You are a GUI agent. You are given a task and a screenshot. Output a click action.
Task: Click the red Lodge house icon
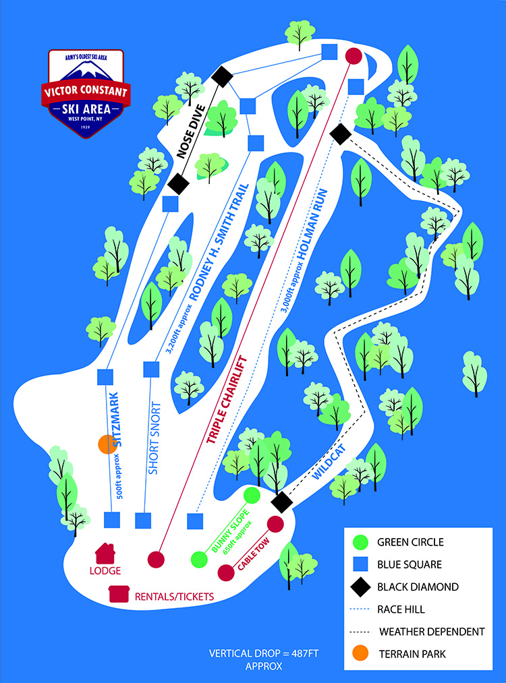click(x=105, y=553)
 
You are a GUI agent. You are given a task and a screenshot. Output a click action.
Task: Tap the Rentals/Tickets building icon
click(x=119, y=594)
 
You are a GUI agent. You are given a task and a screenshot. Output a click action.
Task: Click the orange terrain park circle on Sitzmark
click(x=107, y=444)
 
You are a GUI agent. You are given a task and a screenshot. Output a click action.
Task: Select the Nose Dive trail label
click(x=190, y=131)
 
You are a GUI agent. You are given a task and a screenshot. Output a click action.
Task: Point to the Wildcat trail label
click(x=329, y=462)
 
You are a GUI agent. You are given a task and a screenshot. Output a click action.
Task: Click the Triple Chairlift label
click(x=227, y=400)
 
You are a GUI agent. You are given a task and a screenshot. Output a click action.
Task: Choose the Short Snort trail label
click(x=154, y=438)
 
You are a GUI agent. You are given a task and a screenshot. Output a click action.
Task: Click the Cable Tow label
click(x=253, y=554)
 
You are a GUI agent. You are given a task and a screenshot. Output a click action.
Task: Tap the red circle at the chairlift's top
click(x=354, y=56)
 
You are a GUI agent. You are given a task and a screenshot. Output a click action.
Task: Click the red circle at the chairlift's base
click(x=156, y=560)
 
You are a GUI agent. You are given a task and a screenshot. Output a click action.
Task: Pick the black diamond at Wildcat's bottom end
click(x=282, y=502)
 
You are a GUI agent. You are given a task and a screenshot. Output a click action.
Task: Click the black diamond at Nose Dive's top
click(x=222, y=77)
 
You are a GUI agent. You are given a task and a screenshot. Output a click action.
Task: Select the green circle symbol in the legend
click(x=360, y=542)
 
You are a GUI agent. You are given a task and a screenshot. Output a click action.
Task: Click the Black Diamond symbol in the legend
click(x=360, y=587)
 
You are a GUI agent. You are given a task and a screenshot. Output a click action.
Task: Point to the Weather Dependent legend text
click(x=432, y=632)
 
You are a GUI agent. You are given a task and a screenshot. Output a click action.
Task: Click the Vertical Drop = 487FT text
click(x=264, y=653)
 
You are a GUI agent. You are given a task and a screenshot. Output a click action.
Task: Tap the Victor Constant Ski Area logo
click(x=86, y=94)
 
